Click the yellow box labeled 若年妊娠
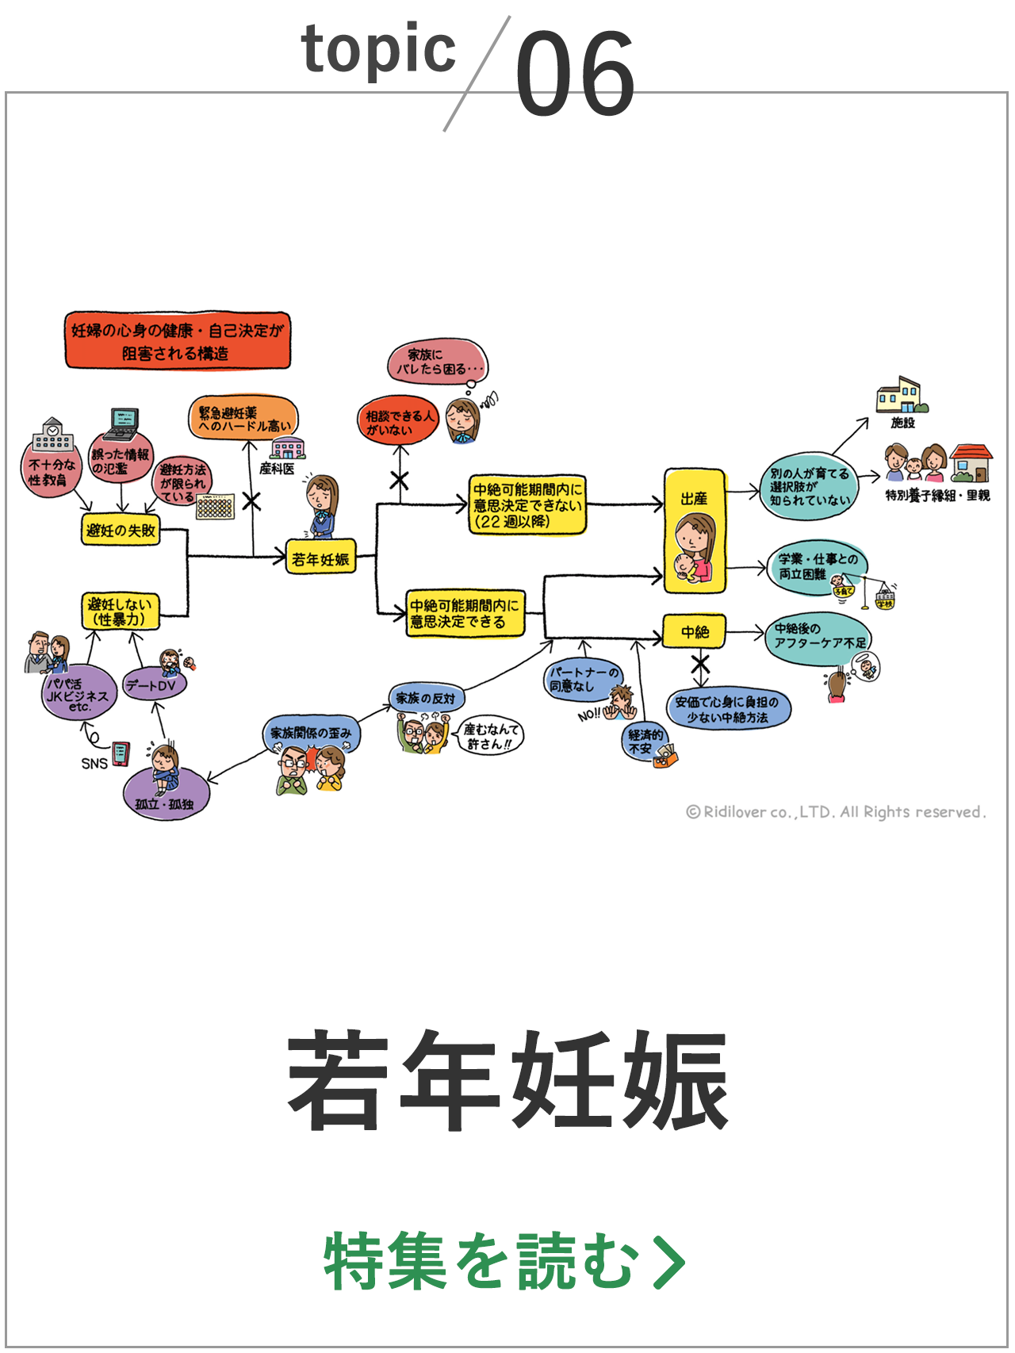(x=320, y=558)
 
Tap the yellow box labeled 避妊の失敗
(x=121, y=530)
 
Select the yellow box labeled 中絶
(x=695, y=631)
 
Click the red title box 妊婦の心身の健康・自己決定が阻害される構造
(x=178, y=341)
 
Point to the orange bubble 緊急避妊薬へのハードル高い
(x=243, y=419)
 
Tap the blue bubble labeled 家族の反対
(x=426, y=698)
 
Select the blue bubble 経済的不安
(x=644, y=742)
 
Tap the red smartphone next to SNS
(x=121, y=753)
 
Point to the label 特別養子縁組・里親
(x=938, y=496)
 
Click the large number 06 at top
(x=575, y=73)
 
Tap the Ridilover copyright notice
(x=836, y=812)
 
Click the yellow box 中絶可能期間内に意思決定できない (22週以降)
(x=527, y=504)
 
